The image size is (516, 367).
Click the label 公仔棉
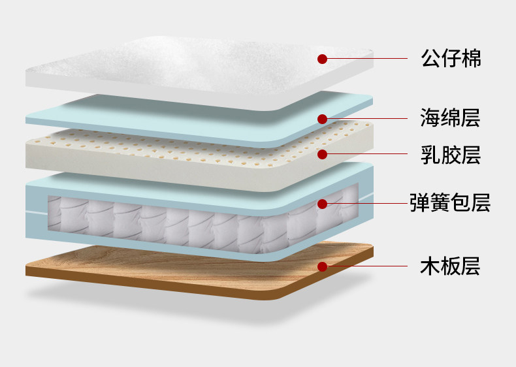[x=451, y=59]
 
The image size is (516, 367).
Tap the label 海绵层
[x=451, y=119]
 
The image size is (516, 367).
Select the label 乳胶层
[x=451, y=155]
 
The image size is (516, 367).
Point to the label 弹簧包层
[x=450, y=203]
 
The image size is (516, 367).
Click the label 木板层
[x=451, y=266]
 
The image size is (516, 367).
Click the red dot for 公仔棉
[x=322, y=59]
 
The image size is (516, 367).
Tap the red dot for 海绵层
[x=322, y=119]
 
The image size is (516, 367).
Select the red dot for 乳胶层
[x=322, y=155]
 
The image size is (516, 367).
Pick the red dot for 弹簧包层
[x=322, y=204]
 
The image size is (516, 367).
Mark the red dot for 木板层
[x=322, y=266]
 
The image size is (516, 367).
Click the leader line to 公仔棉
[x=366, y=59]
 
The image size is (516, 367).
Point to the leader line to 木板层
[x=366, y=266]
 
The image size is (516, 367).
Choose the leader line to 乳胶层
[x=366, y=155]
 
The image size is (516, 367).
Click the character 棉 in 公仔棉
[x=471, y=59]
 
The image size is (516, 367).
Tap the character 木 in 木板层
[x=430, y=266]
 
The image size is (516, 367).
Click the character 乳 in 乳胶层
[x=430, y=155]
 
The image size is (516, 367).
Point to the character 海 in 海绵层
[x=430, y=119]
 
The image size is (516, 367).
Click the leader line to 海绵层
[x=366, y=119]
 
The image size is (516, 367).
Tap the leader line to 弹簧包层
[x=366, y=204]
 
